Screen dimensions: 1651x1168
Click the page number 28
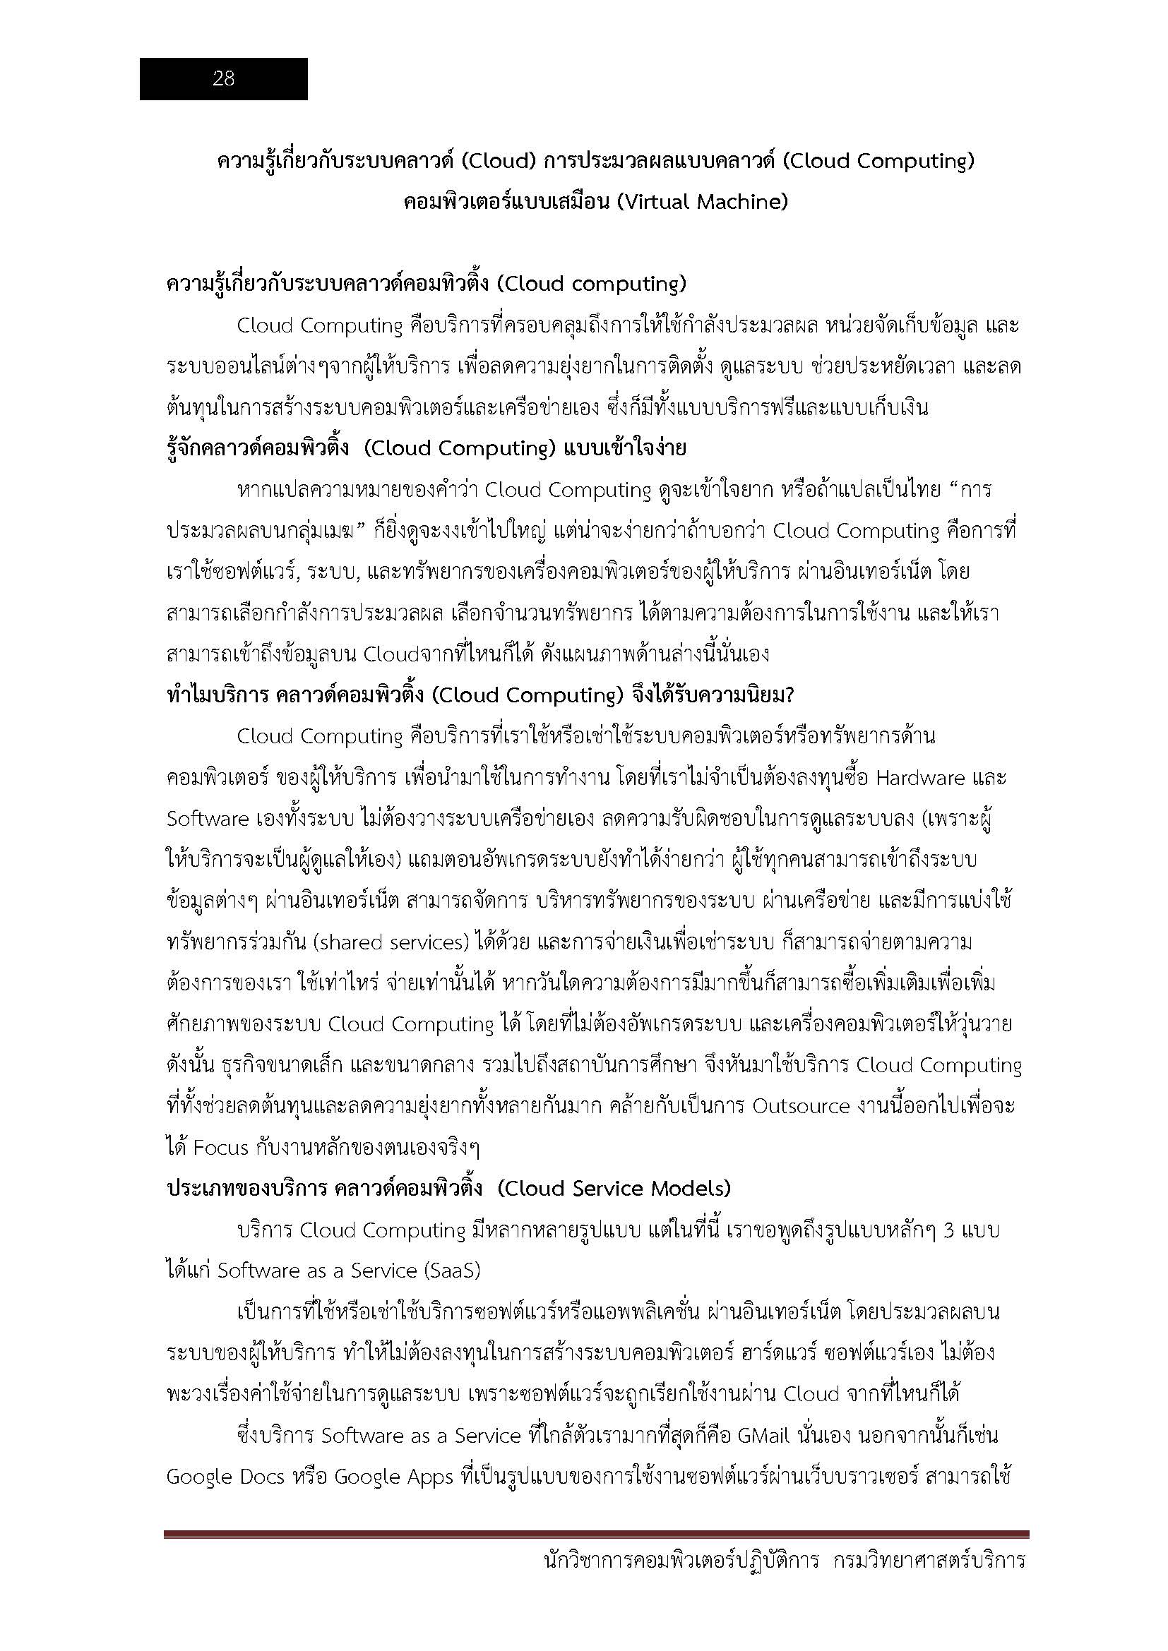(x=223, y=79)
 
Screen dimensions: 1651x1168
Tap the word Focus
(x=221, y=1148)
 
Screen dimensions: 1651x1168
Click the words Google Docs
(x=226, y=1477)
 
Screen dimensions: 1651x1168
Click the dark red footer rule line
(x=595, y=1554)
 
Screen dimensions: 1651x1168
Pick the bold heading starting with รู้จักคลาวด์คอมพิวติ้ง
(x=426, y=449)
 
